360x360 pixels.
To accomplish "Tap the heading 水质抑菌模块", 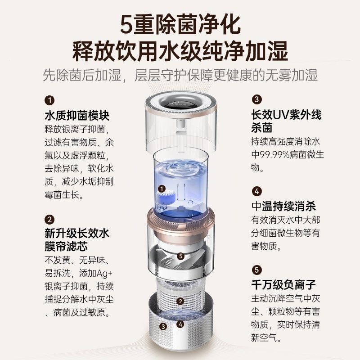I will pyautogui.click(x=77, y=116).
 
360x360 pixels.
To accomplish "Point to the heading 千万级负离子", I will pyautogui.click(x=283, y=284).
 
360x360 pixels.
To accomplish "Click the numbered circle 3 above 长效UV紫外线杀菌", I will pyautogui.click(x=256, y=99).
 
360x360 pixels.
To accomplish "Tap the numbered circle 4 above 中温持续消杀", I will pyautogui.click(x=256, y=191).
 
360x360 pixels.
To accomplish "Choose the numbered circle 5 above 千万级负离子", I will pyautogui.click(x=256, y=270).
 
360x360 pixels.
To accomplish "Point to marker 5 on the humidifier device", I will pyautogui.click(x=180, y=256).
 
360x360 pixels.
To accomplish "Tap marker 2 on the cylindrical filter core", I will pyautogui.click(x=180, y=301).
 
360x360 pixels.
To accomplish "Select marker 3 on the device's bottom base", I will pyautogui.click(x=163, y=326).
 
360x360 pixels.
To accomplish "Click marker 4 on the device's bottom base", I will pyautogui.click(x=180, y=324).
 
